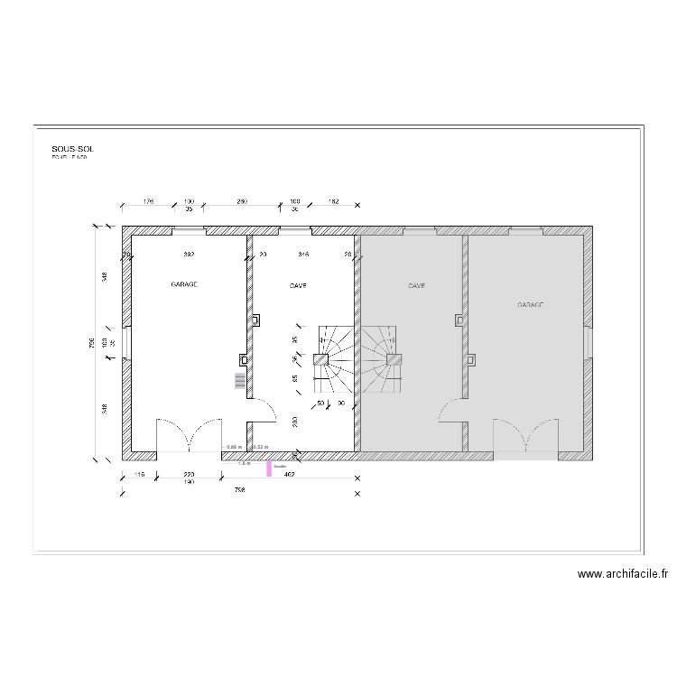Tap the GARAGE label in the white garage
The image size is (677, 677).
pyautogui.click(x=184, y=284)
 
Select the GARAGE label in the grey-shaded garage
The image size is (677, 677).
pyautogui.click(x=531, y=306)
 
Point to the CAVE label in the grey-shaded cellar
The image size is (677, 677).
pyautogui.click(x=416, y=284)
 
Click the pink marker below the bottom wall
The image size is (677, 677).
pyautogui.click(x=268, y=468)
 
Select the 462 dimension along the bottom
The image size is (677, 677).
pyautogui.click(x=290, y=474)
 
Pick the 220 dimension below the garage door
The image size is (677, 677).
pyautogui.click(x=190, y=474)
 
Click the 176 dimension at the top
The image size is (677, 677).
pyautogui.click(x=150, y=201)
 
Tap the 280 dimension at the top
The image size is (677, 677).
pyautogui.click(x=242, y=201)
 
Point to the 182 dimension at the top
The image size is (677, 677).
pyautogui.click(x=333, y=201)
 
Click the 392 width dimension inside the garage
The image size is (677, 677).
pyautogui.click(x=190, y=255)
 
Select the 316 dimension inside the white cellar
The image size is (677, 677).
pyautogui.click(x=303, y=255)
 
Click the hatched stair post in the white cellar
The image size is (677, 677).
pyautogui.click(x=320, y=359)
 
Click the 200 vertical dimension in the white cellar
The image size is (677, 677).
pyautogui.click(x=295, y=422)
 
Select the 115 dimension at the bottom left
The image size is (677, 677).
pyautogui.click(x=140, y=474)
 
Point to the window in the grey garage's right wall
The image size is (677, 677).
pyautogui.click(x=589, y=342)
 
